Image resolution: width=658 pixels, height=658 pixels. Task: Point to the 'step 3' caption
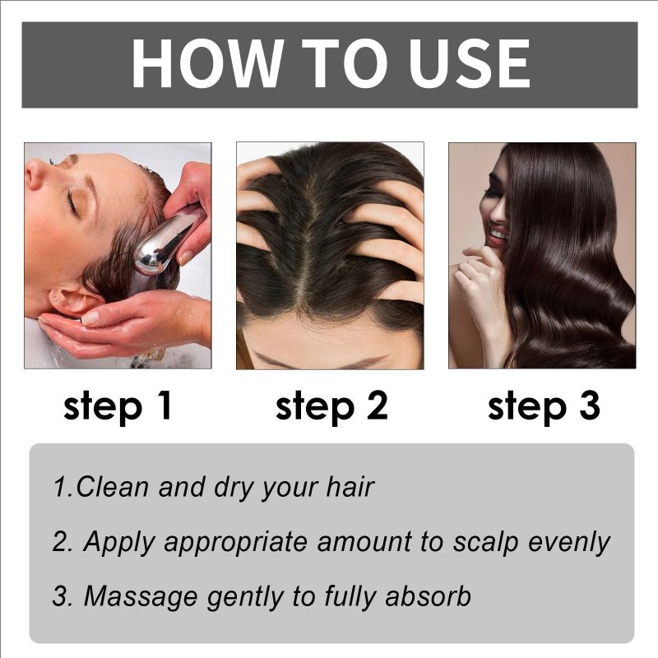544,406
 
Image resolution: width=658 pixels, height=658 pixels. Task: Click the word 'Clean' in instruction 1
112,487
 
